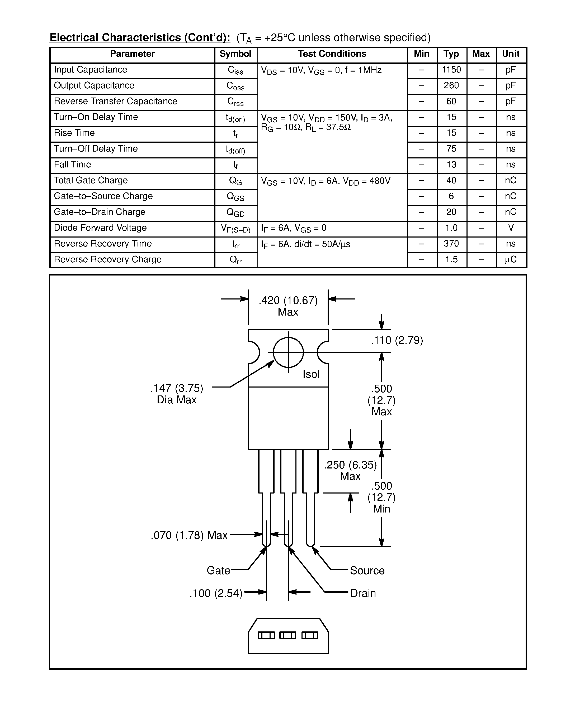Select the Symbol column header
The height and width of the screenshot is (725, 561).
coord(235,54)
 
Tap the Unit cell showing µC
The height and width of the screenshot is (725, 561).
coord(511,260)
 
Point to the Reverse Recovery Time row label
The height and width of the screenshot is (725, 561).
coord(103,244)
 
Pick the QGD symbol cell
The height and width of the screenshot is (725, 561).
coord(235,213)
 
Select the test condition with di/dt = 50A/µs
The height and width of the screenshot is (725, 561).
coord(305,245)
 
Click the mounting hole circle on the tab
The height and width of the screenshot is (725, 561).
coord(288,352)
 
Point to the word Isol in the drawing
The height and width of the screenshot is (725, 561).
coord(311,374)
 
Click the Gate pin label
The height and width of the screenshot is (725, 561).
coord(218,571)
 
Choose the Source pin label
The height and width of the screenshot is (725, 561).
coord(367,571)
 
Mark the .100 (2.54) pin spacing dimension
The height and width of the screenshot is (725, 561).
coord(216,593)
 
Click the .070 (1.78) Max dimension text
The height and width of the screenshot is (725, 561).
coord(189,535)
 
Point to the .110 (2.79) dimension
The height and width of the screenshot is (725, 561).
coord(397,341)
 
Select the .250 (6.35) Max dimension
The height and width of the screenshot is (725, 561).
coord(350,470)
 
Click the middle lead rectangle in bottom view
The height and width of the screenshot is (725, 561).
coord(287,635)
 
